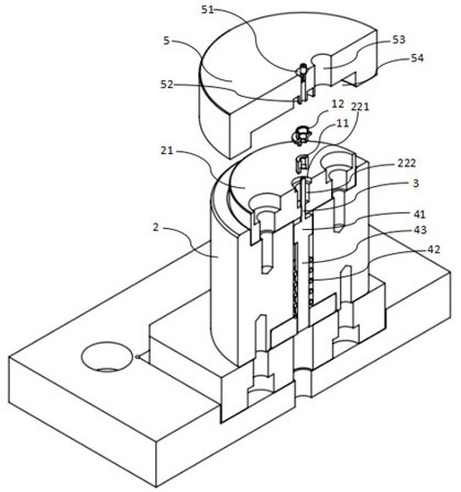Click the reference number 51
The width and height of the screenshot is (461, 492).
(207, 10)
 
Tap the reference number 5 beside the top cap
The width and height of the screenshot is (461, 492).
(167, 41)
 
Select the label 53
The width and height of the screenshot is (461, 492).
(399, 40)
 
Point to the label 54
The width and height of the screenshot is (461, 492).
(417, 58)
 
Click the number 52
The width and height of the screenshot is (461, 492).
(167, 84)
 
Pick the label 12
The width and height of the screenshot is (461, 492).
(337, 104)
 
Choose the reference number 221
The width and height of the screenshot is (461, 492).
(360, 107)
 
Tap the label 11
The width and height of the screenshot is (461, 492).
(342, 123)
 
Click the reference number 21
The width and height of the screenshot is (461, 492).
(167, 151)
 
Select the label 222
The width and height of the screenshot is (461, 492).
(407, 163)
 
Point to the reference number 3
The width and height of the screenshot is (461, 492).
(416, 183)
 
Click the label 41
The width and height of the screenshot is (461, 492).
(420, 214)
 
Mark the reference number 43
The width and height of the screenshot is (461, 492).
(420, 230)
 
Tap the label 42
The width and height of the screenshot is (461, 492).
(434, 250)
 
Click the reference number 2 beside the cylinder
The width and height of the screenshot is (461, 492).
(156, 227)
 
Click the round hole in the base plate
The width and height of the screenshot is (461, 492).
(107, 357)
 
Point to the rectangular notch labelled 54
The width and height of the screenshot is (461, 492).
(350, 79)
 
